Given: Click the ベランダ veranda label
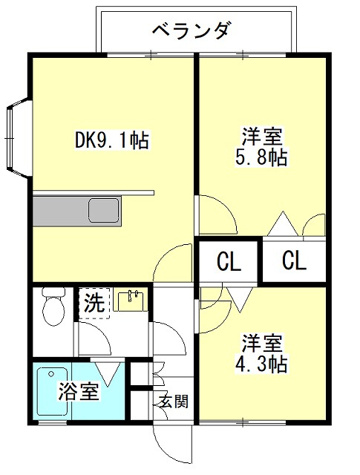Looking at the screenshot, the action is [x=193, y=30].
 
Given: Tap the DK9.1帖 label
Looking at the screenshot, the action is [x=112, y=140].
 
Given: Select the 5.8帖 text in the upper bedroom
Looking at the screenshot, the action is [x=261, y=157].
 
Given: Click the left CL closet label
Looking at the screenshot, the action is [x=229, y=261].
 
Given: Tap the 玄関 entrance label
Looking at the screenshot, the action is [x=174, y=402].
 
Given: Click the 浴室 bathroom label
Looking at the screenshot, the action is [x=79, y=391].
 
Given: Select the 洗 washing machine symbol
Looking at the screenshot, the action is [x=94, y=303].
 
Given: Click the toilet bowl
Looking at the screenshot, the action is [x=53, y=311].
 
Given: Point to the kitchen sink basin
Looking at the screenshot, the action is [x=103, y=210].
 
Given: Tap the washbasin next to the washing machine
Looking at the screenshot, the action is [x=131, y=300].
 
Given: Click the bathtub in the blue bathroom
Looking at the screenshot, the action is [x=52, y=391].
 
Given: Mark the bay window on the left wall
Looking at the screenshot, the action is [x=19, y=139].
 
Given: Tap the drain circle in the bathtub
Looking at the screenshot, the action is [x=51, y=374].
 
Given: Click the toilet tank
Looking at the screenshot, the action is [x=53, y=292].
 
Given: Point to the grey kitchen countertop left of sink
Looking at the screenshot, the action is [x=60, y=211].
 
